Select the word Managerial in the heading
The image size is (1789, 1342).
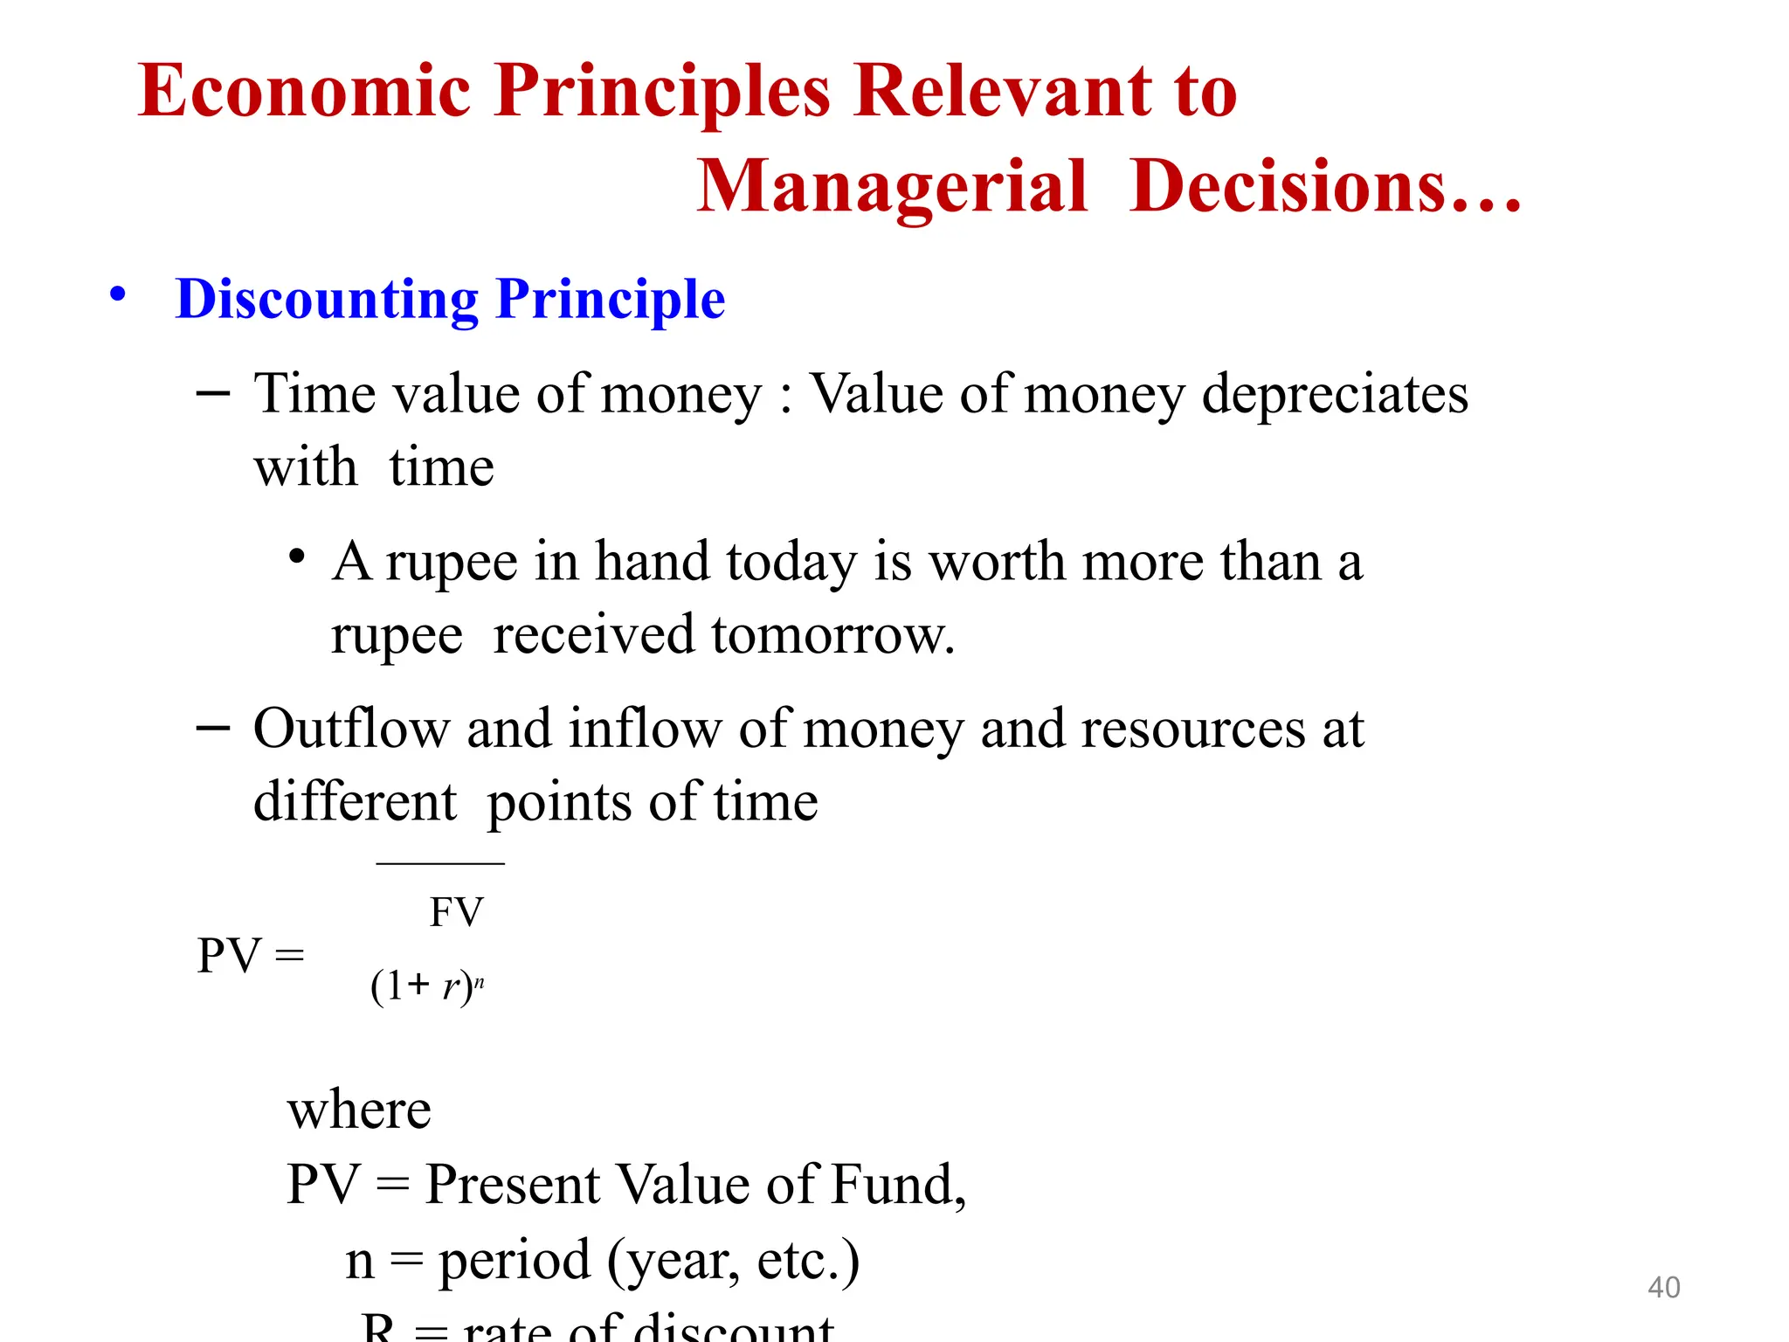click(x=892, y=187)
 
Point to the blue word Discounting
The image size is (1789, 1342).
click(x=327, y=300)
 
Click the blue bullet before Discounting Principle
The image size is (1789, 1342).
click(x=118, y=294)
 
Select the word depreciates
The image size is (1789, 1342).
click(x=1335, y=395)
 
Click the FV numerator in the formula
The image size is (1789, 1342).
click(x=456, y=913)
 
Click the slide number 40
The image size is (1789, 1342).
click(x=1663, y=1288)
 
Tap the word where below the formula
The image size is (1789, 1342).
click(x=359, y=1111)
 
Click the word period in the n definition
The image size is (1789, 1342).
click(x=515, y=1262)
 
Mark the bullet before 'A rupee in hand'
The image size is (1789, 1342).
click(x=298, y=557)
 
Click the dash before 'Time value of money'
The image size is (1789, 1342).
click(x=213, y=394)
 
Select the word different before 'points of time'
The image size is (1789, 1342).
click(x=355, y=802)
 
